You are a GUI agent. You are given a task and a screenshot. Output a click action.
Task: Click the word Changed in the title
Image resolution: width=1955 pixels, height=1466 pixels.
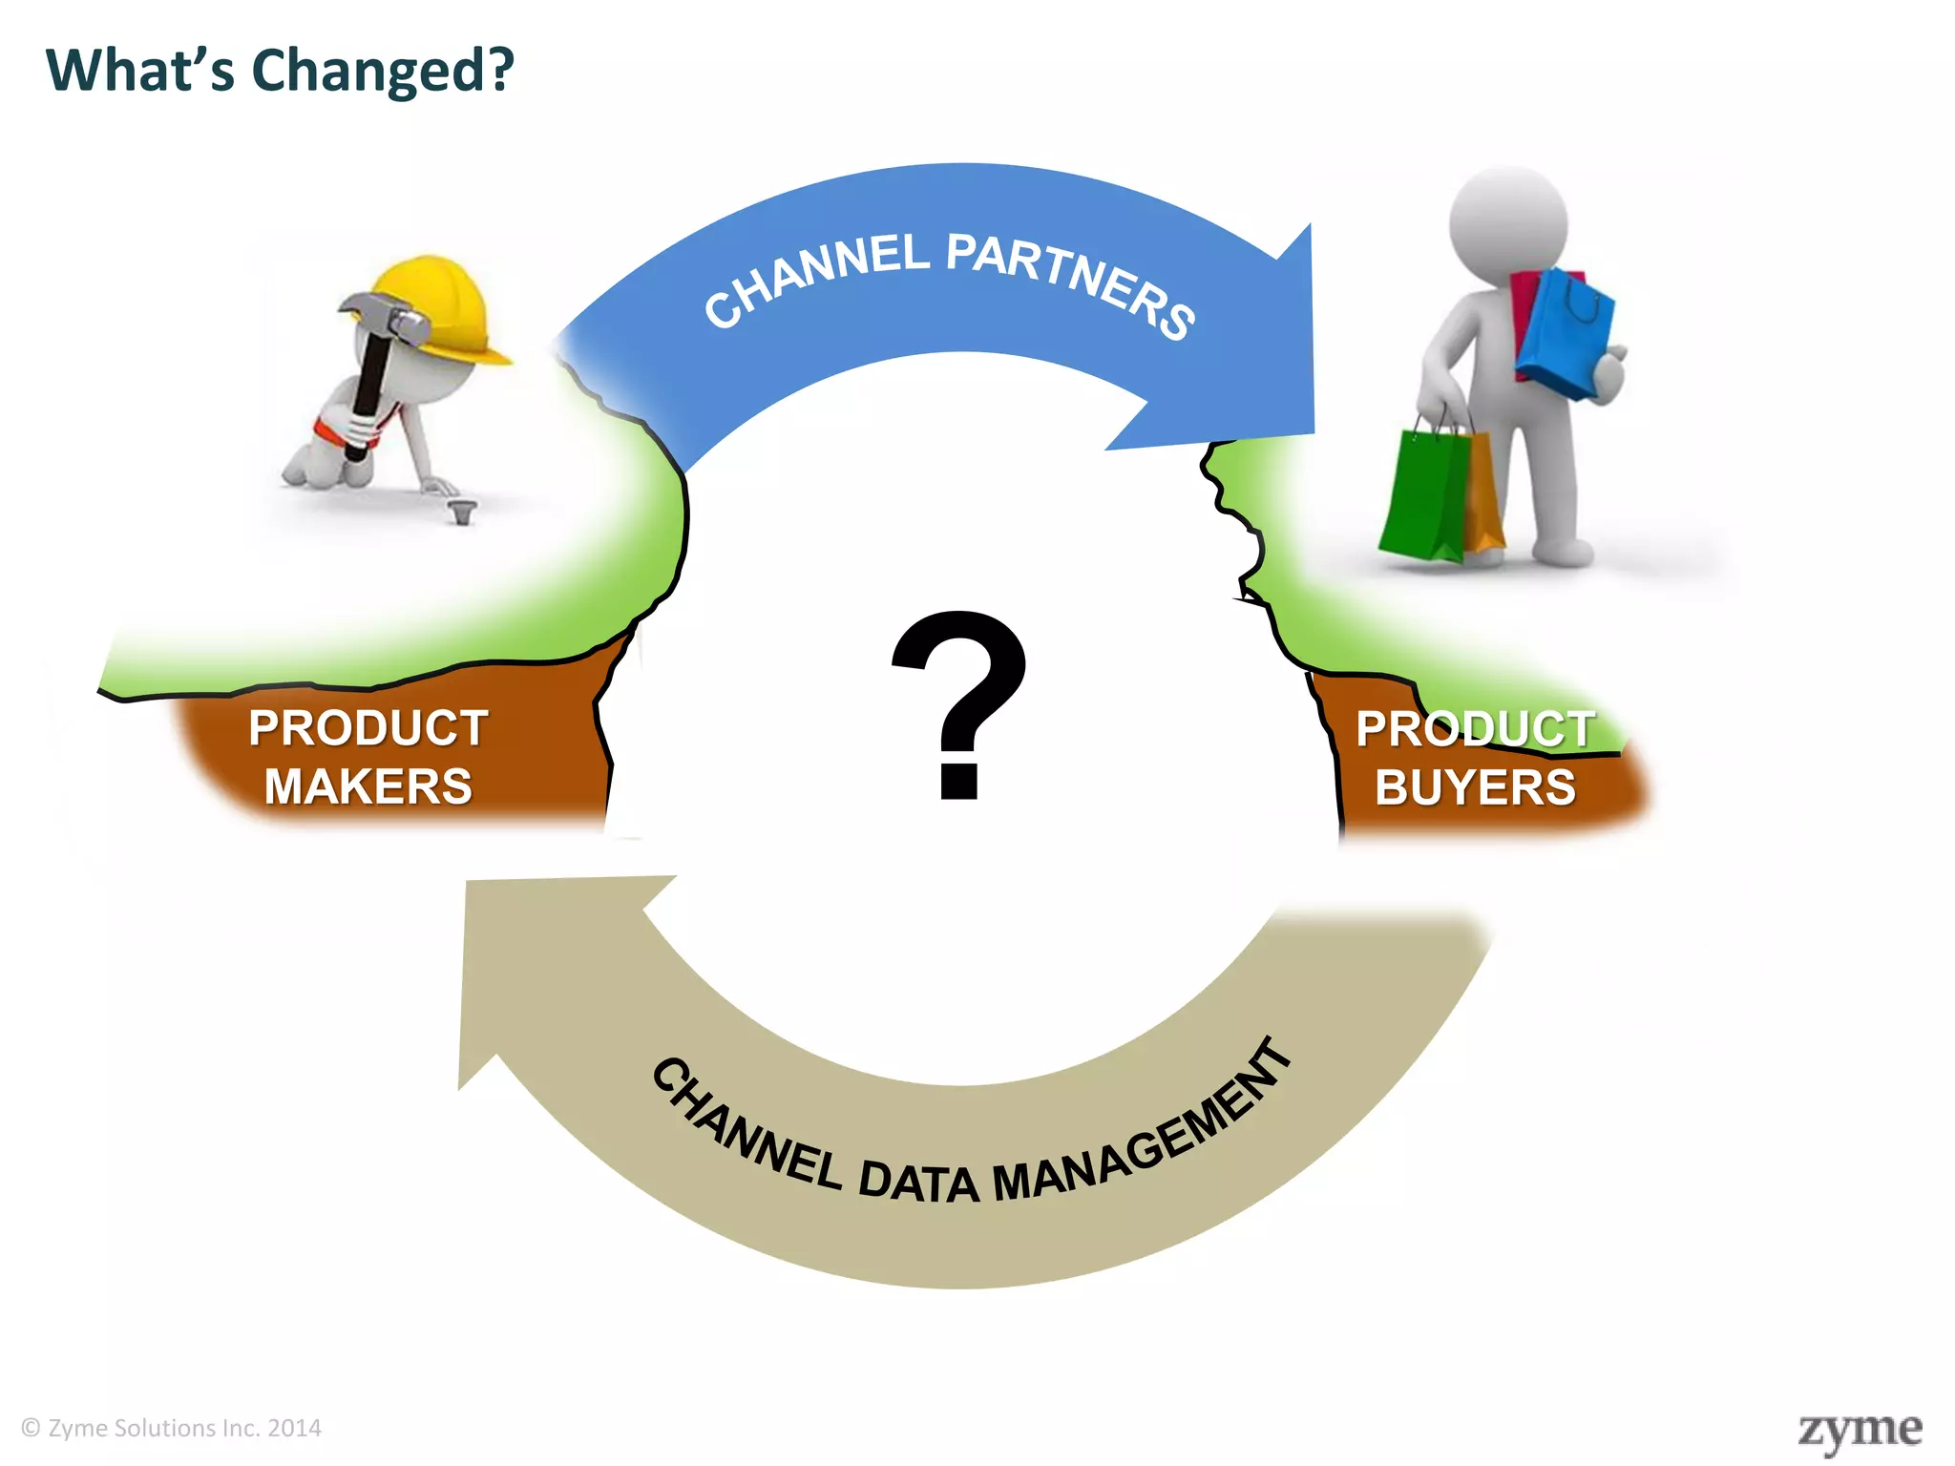tap(382, 72)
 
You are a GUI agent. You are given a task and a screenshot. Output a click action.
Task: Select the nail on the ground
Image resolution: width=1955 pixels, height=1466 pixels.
tap(463, 511)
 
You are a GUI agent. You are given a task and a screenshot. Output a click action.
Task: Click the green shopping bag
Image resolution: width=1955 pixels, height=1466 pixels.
tap(1422, 496)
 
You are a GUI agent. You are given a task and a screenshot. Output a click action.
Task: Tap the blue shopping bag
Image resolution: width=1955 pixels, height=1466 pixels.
tap(1566, 334)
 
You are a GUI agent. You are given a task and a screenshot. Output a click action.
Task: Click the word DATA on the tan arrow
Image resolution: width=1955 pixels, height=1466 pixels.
tap(918, 1182)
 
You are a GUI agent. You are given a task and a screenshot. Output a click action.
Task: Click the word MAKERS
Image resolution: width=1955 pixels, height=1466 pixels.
tap(368, 787)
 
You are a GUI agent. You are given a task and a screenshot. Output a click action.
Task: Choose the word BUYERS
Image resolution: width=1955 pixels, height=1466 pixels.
tap(1475, 788)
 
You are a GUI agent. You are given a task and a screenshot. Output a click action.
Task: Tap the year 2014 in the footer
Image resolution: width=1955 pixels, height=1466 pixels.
tap(294, 1428)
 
